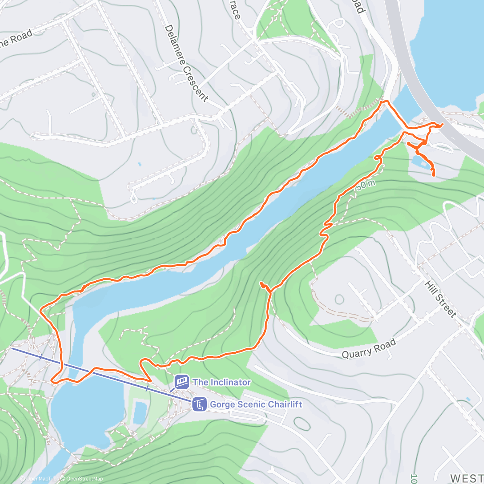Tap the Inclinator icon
(182, 382)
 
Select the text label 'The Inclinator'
(221, 382)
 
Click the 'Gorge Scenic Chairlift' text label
(256, 404)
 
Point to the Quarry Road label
(369, 349)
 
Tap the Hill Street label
(440, 298)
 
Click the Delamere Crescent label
(186, 63)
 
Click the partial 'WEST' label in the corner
(466, 478)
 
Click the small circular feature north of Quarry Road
(339, 299)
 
